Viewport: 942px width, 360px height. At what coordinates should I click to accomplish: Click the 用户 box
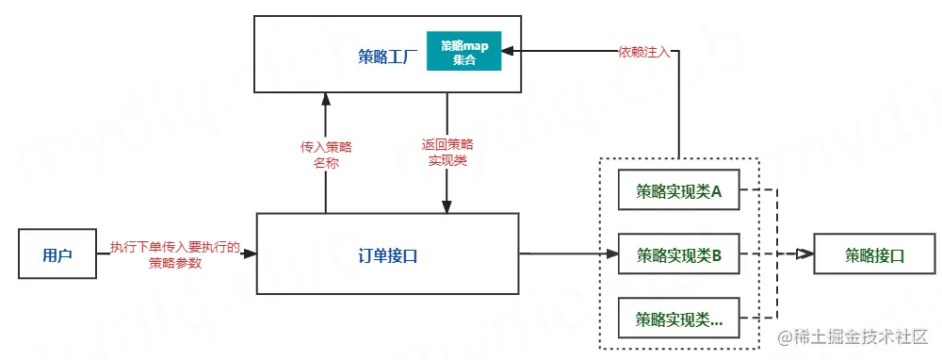click(57, 254)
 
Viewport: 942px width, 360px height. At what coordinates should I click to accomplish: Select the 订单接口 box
click(387, 254)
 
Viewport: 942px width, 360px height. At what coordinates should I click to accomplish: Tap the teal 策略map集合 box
click(463, 53)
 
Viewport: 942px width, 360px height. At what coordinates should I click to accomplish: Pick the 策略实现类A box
click(678, 192)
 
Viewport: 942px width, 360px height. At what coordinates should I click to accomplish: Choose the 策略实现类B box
click(678, 254)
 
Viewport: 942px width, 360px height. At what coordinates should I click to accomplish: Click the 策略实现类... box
click(678, 318)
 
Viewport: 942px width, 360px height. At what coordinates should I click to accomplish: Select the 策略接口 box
click(874, 254)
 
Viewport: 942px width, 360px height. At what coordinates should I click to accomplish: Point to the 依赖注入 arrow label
click(644, 53)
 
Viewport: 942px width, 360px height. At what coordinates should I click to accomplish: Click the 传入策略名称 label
click(325, 155)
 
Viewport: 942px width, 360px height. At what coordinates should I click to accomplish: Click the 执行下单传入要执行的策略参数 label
click(175, 255)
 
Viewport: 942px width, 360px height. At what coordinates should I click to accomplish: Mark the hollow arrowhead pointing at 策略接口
click(804, 254)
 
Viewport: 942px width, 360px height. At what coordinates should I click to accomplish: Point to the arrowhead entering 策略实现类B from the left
click(611, 254)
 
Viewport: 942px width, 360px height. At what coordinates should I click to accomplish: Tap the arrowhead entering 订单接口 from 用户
click(251, 254)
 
